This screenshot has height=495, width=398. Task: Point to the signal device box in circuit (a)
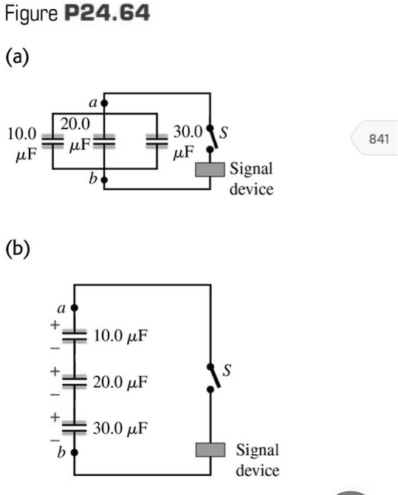(210, 169)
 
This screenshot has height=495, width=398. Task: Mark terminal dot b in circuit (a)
(104, 178)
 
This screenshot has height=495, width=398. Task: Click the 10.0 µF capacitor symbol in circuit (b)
(73, 335)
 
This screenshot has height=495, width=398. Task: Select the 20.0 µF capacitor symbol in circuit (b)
(73, 381)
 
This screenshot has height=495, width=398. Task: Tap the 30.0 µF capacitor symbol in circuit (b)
(73, 427)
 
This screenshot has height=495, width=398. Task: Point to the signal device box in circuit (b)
(210, 450)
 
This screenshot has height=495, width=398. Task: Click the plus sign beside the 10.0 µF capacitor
(54, 324)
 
